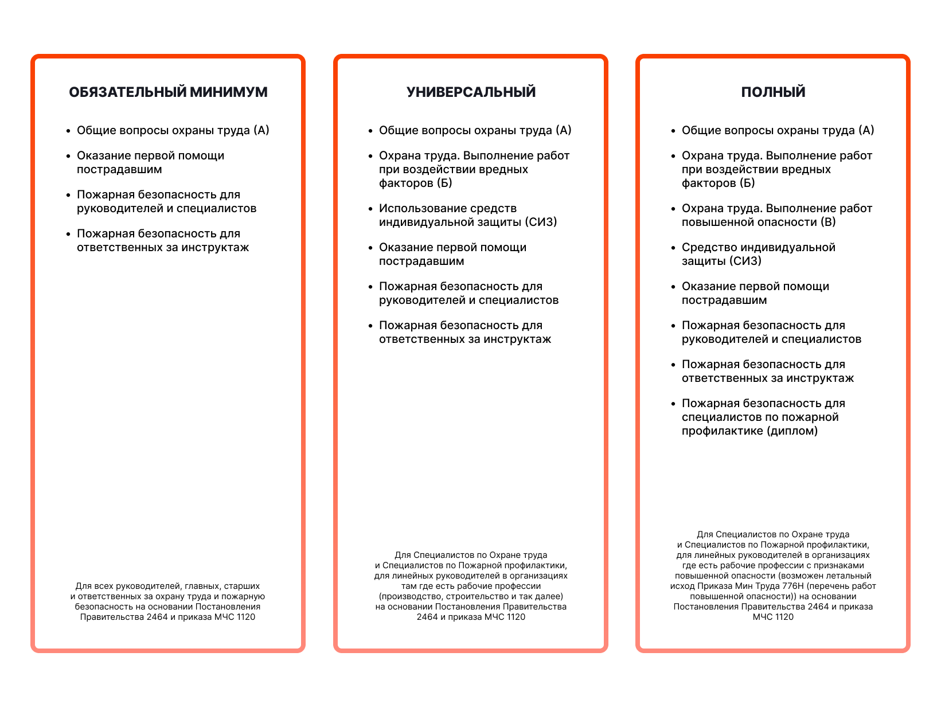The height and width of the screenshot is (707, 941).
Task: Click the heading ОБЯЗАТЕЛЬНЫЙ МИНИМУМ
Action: [168, 92]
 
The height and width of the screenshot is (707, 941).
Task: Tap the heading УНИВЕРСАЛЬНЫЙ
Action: [471, 92]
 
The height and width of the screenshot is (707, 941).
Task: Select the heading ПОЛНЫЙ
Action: [773, 92]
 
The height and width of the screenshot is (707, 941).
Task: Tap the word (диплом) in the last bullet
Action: [792, 431]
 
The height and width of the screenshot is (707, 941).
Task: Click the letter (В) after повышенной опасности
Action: [828, 222]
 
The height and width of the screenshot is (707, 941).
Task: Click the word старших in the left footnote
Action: [242, 586]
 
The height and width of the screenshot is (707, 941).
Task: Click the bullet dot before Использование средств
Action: [370, 209]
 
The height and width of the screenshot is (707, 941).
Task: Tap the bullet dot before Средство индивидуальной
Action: [673, 248]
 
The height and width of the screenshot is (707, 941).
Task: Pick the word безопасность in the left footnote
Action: [101, 607]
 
